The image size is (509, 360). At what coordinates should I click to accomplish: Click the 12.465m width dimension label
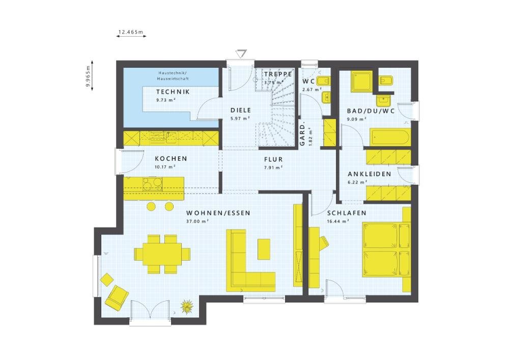[x=131, y=32]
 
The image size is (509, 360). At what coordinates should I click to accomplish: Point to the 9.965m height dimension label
[x=88, y=76]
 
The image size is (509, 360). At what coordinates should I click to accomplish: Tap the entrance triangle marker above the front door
[x=241, y=53]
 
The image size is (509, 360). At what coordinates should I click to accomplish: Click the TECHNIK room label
[x=173, y=92]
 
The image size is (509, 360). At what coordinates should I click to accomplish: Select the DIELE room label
[x=241, y=110]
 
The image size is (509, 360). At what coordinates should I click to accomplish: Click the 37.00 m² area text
[x=197, y=221]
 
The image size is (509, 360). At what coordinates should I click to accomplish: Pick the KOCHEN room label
[x=171, y=159]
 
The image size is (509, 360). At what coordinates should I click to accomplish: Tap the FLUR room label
[x=273, y=159]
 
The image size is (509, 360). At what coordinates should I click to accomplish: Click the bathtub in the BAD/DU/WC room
[x=390, y=137]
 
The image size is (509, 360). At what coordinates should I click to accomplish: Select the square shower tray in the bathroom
[x=362, y=81]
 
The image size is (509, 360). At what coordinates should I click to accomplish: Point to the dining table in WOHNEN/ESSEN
[x=158, y=254]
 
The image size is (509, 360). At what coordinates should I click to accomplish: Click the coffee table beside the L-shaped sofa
[x=264, y=250]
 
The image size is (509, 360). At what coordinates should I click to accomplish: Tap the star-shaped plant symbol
[x=187, y=306]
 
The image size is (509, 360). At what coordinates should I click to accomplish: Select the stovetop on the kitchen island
[x=153, y=184]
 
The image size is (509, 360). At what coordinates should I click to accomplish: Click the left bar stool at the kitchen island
[x=151, y=206]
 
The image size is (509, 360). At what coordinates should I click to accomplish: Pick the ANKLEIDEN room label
[x=370, y=174]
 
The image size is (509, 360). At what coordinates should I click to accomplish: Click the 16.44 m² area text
[x=338, y=221]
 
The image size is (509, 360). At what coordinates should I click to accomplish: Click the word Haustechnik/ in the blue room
[x=171, y=73]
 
